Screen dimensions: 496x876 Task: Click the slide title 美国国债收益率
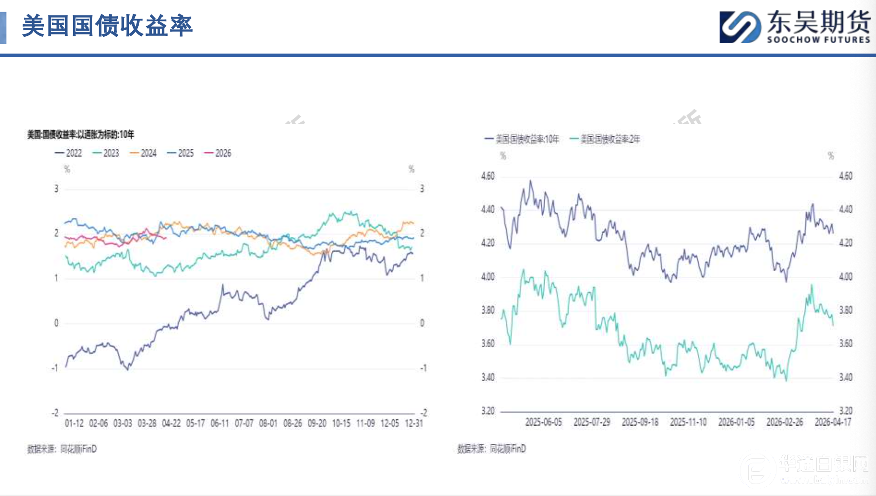click(108, 26)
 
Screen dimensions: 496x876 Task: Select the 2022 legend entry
click(68, 153)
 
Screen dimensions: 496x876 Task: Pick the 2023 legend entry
click(106, 153)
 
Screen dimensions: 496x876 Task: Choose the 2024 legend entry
click(143, 153)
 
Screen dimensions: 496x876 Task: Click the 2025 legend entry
click(180, 153)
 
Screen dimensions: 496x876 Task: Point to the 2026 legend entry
click(217, 153)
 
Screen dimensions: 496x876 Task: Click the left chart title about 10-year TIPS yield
click(81, 134)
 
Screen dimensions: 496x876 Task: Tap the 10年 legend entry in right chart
click(522, 139)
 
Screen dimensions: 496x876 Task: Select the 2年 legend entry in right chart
click(605, 139)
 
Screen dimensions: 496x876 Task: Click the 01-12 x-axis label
click(74, 423)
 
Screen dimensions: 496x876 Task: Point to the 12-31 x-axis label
click(414, 423)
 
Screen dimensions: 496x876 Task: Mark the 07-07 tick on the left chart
click(244, 423)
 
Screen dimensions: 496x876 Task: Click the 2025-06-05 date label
click(543, 422)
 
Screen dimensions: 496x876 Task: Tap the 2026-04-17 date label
click(833, 422)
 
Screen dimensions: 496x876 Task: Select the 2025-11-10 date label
click(688, 422)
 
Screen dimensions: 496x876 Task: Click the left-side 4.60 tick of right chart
click(488, 176)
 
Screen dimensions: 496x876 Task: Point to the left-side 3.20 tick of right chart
click(488, 411)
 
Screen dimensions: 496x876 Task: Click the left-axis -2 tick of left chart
click(55, 413)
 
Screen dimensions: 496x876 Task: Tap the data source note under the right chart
click(492, 449)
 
